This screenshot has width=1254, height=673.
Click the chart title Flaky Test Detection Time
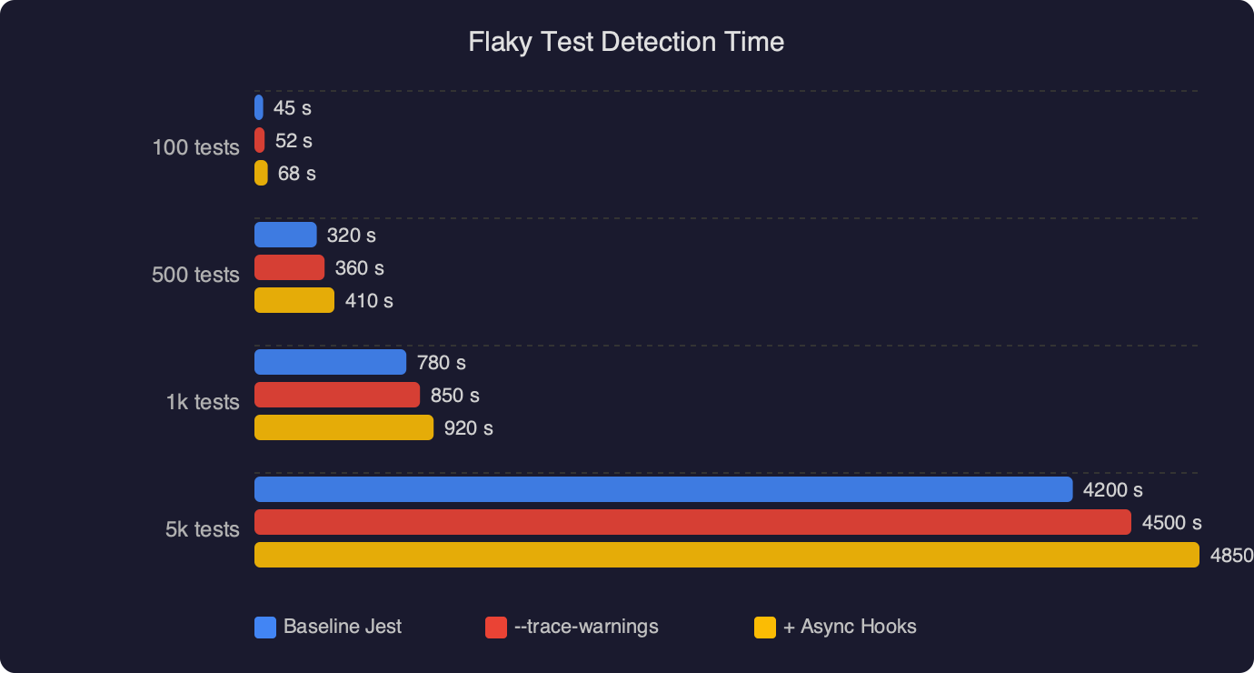point(626,42)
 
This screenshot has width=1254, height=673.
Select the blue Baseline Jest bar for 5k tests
point(663,489)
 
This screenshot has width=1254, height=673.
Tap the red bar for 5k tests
point(692,522)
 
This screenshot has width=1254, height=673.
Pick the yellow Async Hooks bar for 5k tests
point(726,555)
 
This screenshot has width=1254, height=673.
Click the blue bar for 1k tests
point(330,362)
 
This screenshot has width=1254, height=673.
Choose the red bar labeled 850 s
point(337,395)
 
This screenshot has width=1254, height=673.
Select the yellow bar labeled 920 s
point(343,427)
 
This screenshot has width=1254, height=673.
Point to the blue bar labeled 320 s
point(285,235)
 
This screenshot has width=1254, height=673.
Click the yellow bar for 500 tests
point(294,300)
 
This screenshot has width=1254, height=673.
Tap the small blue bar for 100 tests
point(259,107)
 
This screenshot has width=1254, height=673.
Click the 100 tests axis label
point(195,147)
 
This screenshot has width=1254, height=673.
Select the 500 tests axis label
point(195,275)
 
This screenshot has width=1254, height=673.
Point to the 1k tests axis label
point(203,402)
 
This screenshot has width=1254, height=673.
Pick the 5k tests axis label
point(203,529)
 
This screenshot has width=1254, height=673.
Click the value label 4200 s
point(1112,490)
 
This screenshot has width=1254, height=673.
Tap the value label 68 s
point(296,174)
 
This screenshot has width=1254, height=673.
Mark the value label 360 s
point(359,268)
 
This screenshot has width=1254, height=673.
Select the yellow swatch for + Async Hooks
point(765,628)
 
